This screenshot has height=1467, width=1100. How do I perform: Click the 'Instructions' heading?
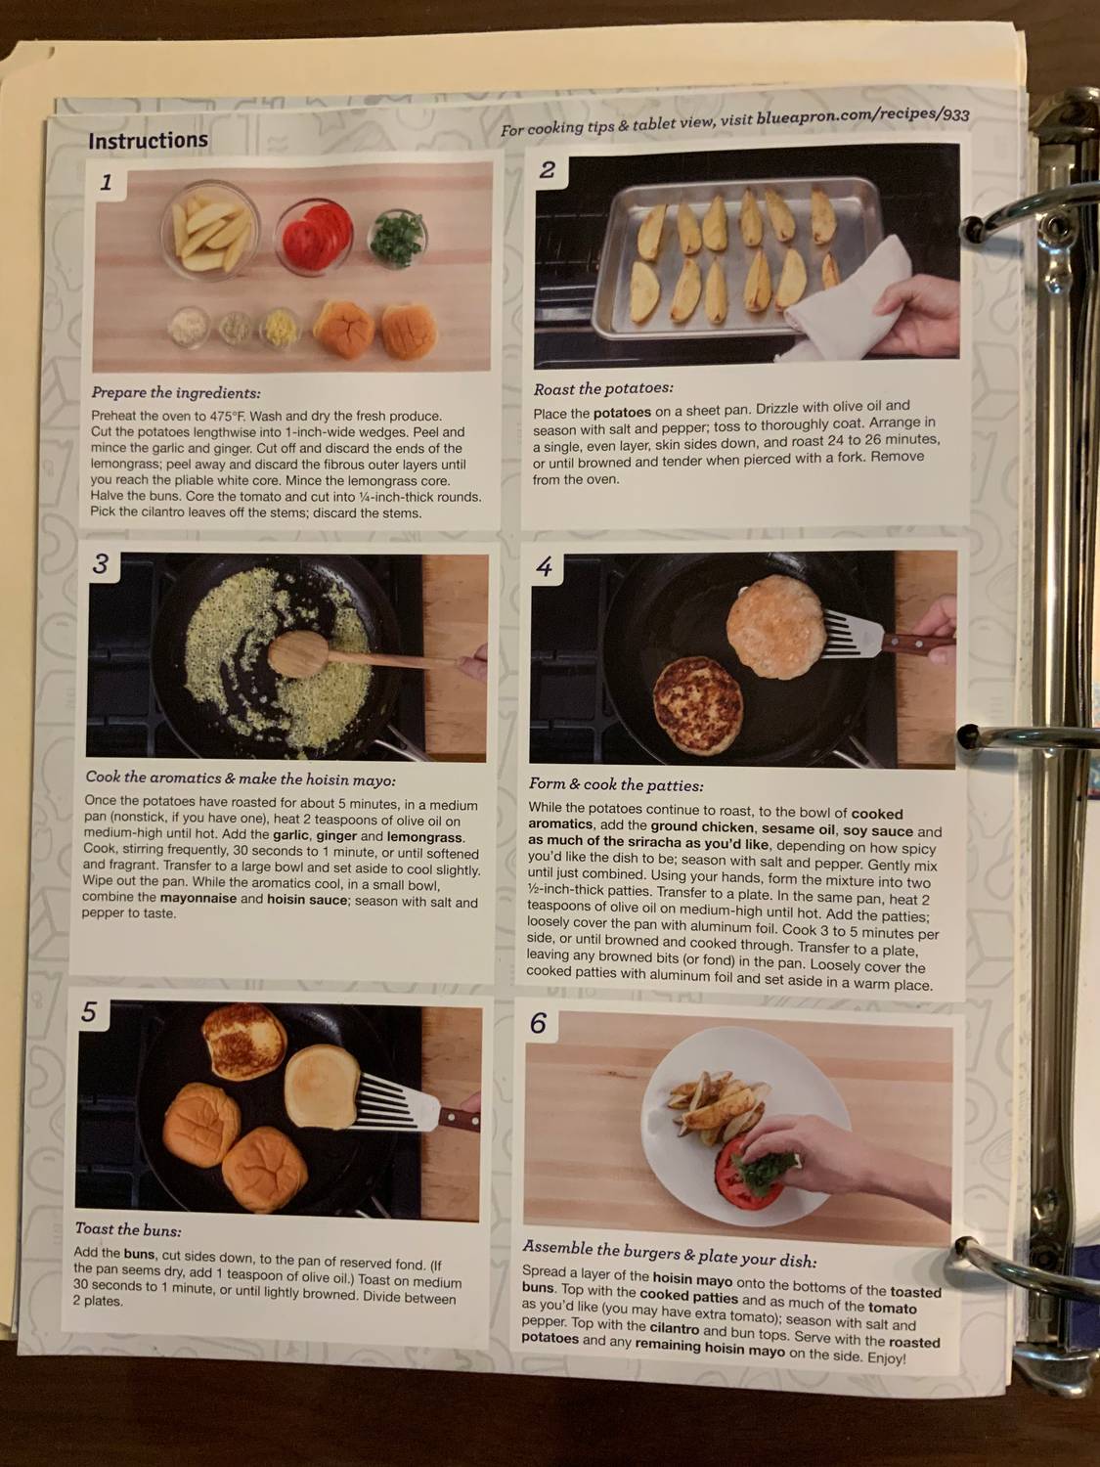[x=148, y=141]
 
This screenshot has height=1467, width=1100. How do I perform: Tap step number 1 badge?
[x=106, y=182]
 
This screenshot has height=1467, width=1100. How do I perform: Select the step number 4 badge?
[x=545, y=567]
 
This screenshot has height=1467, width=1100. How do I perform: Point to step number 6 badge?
[x=538, y=1023]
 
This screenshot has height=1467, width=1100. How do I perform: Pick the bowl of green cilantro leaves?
[x=398, y=238]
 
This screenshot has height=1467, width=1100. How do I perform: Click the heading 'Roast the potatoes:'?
[x=603, y=388]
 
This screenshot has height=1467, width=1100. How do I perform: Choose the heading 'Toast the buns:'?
[x=128, y=1229]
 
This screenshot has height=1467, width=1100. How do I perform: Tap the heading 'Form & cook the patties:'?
[x=616, y=784]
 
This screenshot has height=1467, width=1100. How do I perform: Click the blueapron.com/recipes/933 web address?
[x=862, y=118]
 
